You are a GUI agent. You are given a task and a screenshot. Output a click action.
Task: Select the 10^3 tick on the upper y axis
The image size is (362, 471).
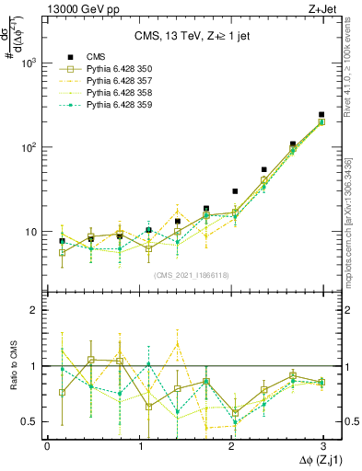pos(29,63)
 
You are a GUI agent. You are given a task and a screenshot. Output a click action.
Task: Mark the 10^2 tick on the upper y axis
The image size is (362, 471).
pos(29,147)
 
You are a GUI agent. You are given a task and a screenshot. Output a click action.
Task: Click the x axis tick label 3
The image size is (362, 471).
pos(321,444)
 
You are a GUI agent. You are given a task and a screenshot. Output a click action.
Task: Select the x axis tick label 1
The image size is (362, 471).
pos(138,444)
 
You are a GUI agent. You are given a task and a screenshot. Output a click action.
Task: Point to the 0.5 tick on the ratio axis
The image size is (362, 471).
pos(28,421)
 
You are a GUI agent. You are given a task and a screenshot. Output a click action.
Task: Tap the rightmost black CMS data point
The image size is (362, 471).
pos(321,115)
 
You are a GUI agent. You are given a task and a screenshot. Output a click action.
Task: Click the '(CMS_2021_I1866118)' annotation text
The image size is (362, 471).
pos(184,275)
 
